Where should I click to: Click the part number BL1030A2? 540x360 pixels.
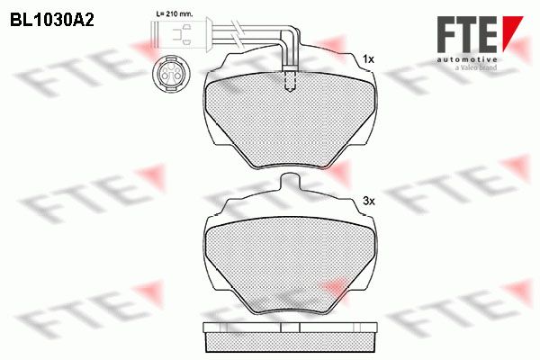tap(52, 21)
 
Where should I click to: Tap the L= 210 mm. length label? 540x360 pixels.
tap(175, 14)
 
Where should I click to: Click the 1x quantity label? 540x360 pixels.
tap(368, 59)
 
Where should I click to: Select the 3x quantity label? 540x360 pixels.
tap(368, 201)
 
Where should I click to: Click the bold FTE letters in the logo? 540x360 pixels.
tap(467, 34)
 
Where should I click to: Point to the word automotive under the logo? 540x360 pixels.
tap(467, 60)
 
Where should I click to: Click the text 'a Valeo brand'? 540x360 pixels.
tap(476, 67)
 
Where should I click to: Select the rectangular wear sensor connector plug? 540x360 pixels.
tap(180, 36)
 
